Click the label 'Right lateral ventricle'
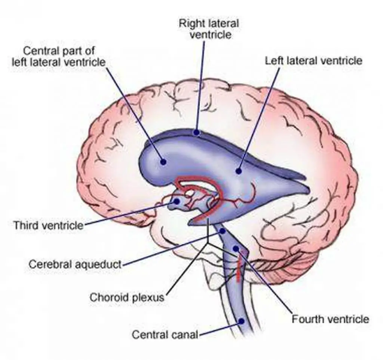[208, 28]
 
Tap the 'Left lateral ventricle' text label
[313, 61]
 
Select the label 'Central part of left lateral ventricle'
[58, 56]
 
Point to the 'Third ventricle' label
[48, 225]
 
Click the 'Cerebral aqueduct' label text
[75, 264]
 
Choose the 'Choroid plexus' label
[127, 298]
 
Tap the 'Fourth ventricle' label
[330, 319]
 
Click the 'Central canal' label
[165, 334]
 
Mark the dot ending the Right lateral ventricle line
[196, 132]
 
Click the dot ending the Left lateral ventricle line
[238, 171]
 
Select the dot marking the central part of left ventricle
[163, 162]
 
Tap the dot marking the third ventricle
[177, 202]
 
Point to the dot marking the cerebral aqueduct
[223, 231]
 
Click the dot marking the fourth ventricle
[236, 248]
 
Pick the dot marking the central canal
[242, 321]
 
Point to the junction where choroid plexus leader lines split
[208, 243]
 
